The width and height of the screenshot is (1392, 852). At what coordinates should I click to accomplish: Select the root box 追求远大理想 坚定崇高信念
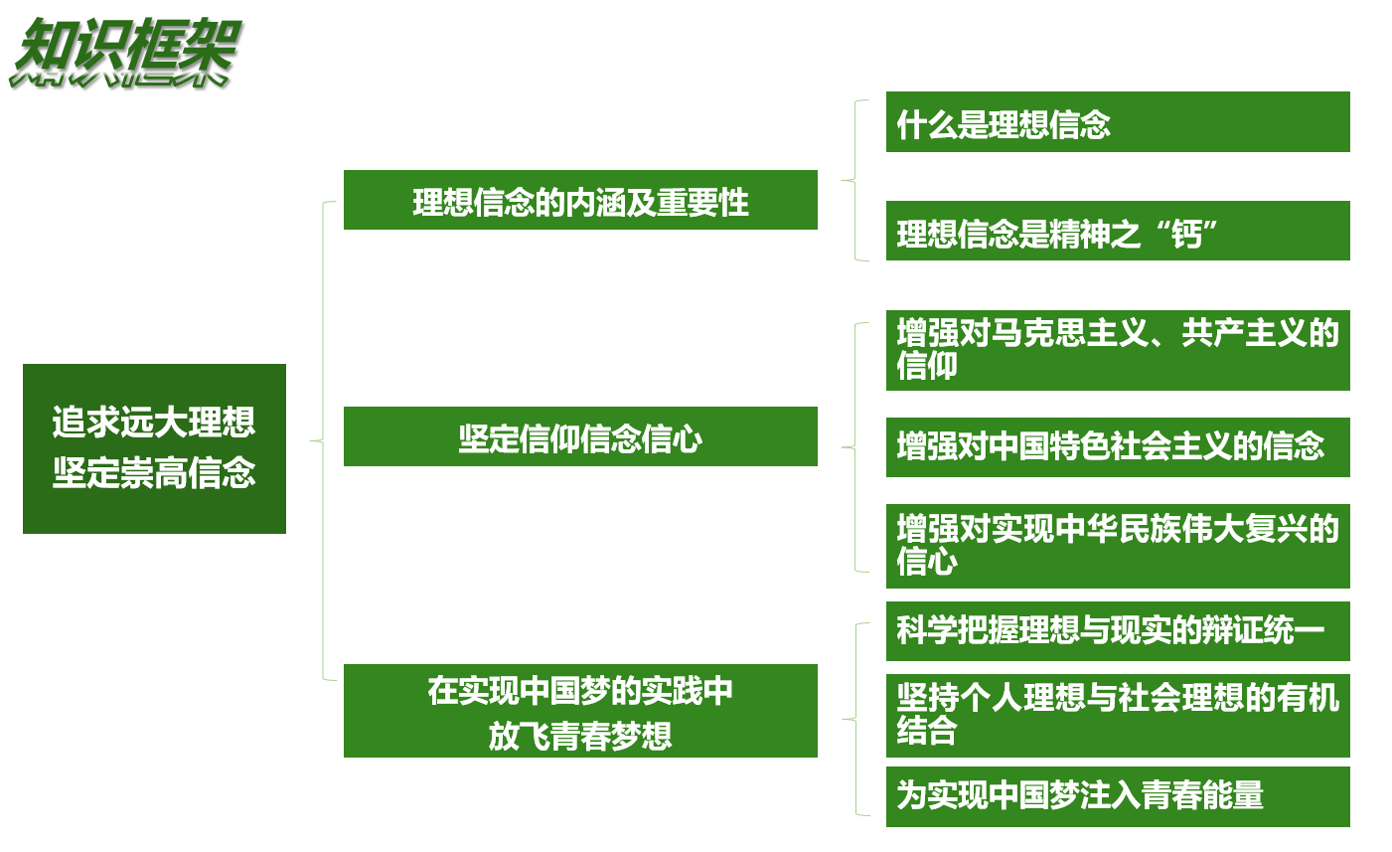[154, 448]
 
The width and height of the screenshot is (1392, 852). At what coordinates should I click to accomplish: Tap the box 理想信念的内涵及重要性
[580, 200]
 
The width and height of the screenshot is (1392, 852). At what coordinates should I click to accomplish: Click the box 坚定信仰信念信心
[580, 436]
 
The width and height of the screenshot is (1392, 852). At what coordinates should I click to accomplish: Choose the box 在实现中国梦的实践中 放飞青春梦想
[580, 711]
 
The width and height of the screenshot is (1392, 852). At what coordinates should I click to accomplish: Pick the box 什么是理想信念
[1117, 122]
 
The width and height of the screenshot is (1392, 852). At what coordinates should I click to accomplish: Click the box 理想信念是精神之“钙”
[1117, 232]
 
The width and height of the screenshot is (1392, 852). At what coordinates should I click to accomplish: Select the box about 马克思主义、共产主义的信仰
[1117, 350]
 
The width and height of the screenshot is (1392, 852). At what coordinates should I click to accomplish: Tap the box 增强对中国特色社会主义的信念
[1117, 447]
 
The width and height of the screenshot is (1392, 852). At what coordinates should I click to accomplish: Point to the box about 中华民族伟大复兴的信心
[1117, 546]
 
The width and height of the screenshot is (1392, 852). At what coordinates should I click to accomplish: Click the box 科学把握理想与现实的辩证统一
[1117, 631]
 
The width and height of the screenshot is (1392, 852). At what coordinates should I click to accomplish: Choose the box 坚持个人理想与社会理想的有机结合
[1117, 715]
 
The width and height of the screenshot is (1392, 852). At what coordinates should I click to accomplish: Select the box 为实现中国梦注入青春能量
[1117, 796]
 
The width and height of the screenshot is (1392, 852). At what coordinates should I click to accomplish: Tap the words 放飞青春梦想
[580, 736]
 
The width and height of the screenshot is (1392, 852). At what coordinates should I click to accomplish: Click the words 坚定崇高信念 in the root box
[154, 472]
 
